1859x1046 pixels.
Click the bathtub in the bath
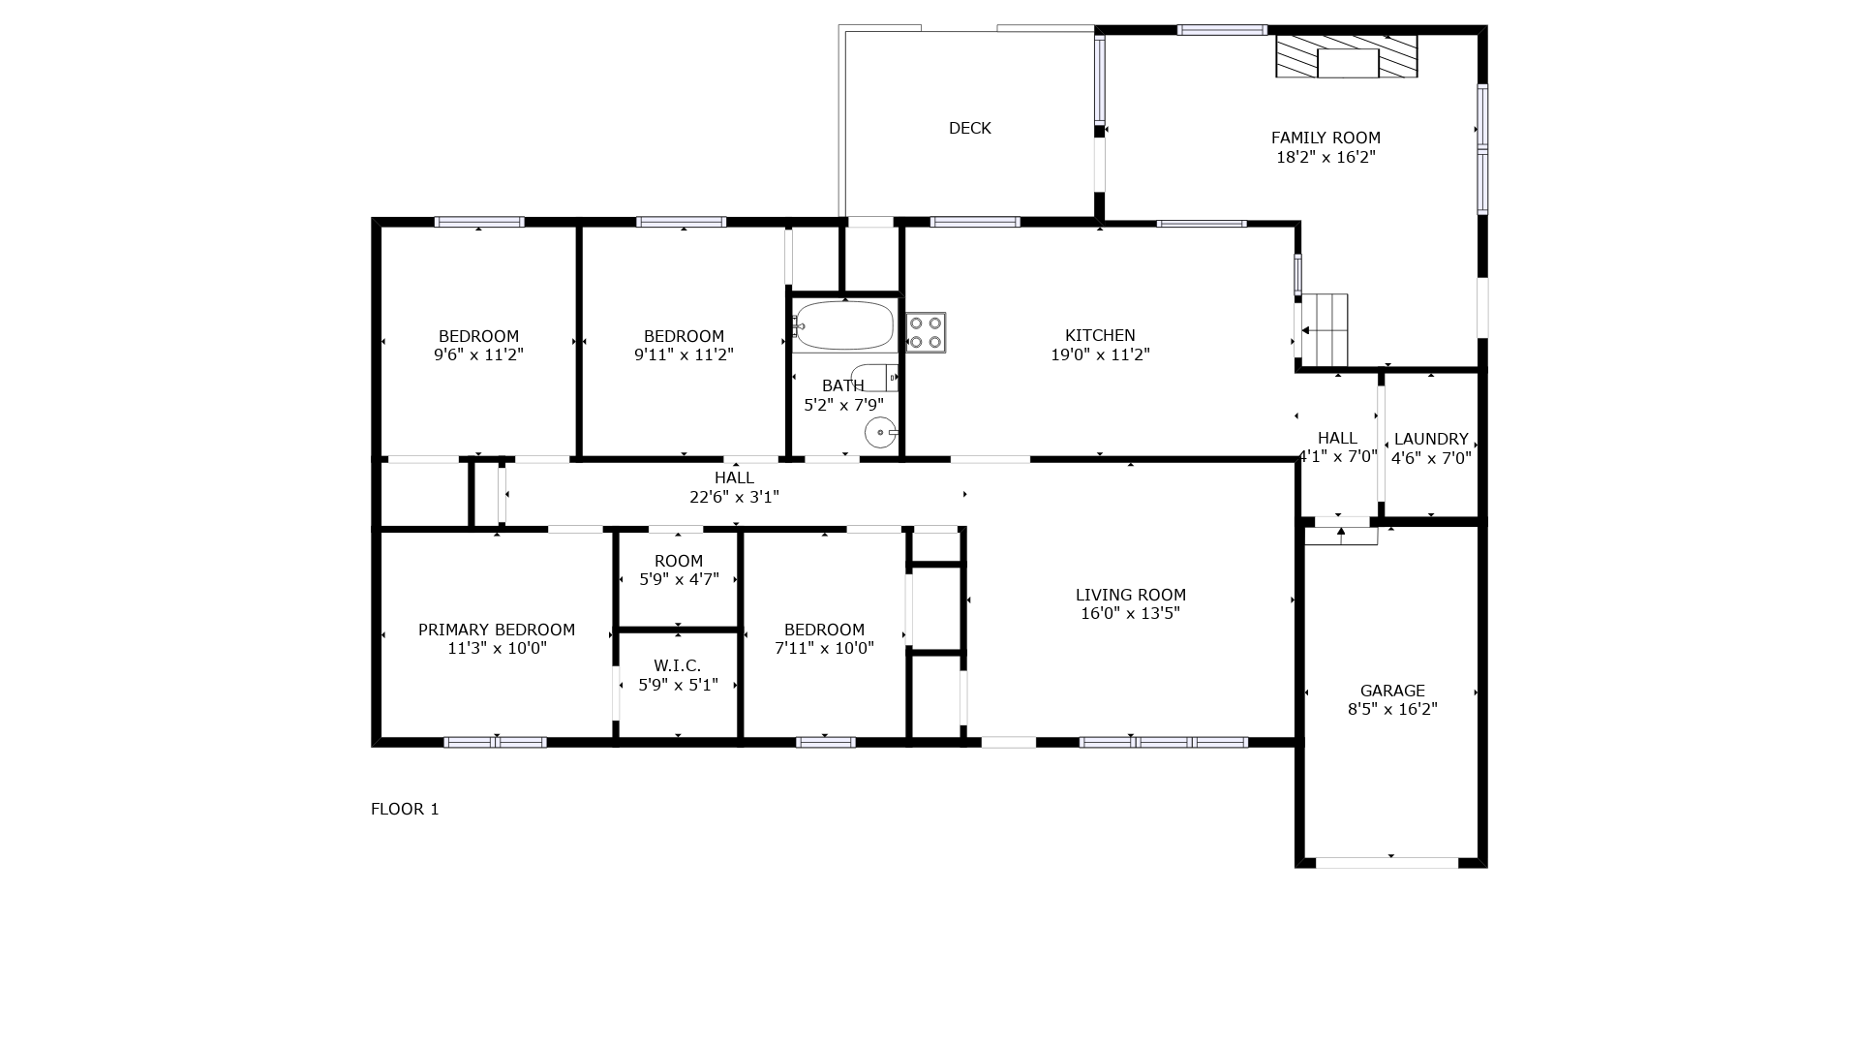pos(843,325)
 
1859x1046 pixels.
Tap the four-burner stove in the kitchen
pos(926,332)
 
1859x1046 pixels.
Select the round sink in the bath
pos(881,432)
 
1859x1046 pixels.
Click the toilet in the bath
pos(874,377)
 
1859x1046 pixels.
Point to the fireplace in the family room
pos(1347,56)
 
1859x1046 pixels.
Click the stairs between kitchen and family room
pos(1325,330)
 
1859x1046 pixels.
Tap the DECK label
pos(969,128)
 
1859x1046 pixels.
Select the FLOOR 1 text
pos(405,809)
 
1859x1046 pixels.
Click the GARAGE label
pos(1392,691)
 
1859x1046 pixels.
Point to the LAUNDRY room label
pos(1431,439)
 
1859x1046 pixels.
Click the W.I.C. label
pos(677,665)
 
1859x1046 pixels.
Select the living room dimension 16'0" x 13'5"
pos(1130,613)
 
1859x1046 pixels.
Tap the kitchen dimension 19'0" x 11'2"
pos(1100,354)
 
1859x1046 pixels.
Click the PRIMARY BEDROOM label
pos(497,630)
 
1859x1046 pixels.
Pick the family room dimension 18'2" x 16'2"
pos(1326,157)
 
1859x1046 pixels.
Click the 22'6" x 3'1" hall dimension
pos(734,497)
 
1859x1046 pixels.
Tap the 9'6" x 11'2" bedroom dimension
pos(478,354)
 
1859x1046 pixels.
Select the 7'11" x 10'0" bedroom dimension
pos(824,648)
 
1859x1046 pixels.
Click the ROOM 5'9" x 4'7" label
pos(679,570)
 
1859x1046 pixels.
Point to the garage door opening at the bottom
pos(1387,862)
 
